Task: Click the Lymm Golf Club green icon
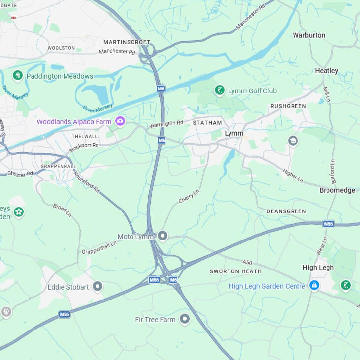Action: point(220,90)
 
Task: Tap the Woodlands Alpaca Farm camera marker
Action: point(120,121)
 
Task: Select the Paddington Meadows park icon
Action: point(18,76)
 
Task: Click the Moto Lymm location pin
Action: point(163,237)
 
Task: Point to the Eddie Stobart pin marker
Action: point(98,287)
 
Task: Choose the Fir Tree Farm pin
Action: point(185,320)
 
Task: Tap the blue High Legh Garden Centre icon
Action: point(314,286)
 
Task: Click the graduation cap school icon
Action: point(293,142)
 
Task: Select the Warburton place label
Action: point(309,35)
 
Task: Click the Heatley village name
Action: point(327,71)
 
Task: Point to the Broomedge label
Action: point(337,190)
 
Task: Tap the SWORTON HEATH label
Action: point(235,271)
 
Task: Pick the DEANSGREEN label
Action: point(286,211)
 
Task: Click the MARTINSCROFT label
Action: point(127,42)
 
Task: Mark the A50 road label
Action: point(247,262)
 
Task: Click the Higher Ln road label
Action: point(293,176)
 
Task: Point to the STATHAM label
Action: point(207,123)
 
